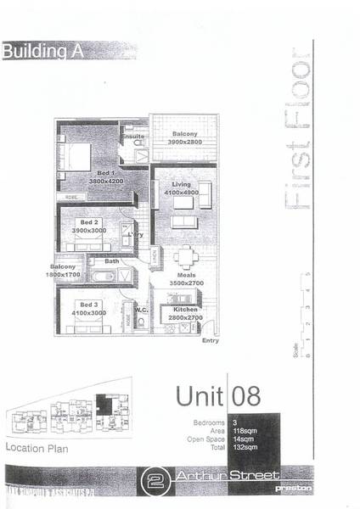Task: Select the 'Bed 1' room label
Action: [105, 173]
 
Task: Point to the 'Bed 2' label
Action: [87, 223]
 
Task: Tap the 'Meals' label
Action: [187, 274]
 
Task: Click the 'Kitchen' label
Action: [185, 310]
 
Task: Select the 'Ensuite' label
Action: [133, 137]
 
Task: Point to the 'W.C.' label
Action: [141, 310]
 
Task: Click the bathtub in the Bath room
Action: [109, 276]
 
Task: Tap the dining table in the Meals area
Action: [186, 255]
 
